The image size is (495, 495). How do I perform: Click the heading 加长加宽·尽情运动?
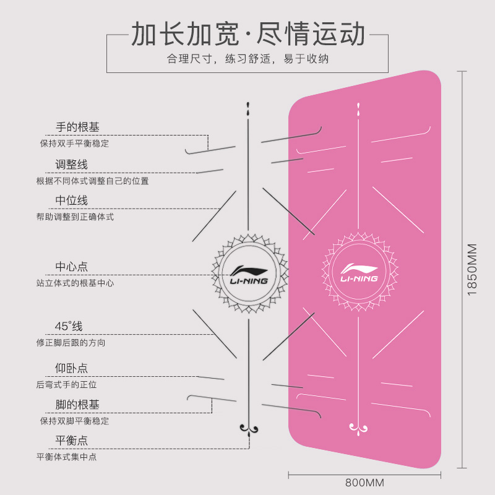(x=248, y=34)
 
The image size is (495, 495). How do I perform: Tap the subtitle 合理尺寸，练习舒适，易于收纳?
(x=248, y=59)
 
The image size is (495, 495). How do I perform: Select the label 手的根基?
(x=78, y=127)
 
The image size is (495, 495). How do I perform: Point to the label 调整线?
(x=72, y=165)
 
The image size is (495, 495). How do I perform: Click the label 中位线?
(x=72, y=200)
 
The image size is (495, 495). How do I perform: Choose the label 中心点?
(x=72, y=267)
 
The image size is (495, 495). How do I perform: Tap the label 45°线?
(x=69, y=326)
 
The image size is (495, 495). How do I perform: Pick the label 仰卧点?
(x=72, y=368)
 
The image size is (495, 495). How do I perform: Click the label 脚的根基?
(x=78, y=405)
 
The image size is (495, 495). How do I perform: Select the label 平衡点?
(x=72, y=441)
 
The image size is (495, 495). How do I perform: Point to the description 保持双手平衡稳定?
(x=74, y=144)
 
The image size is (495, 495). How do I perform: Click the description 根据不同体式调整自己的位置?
(x=92, y=181)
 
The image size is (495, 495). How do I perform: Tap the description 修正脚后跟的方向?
(x=71, y=343)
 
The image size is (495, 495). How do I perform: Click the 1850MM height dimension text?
(x=472, y=270)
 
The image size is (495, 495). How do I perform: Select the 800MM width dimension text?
(x=364, y=483)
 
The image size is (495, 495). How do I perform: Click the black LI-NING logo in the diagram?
(x=249, y=275)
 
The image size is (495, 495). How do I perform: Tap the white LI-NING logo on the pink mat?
(x=359, y=273)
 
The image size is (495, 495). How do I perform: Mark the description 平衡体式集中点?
(x=67, y=457)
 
